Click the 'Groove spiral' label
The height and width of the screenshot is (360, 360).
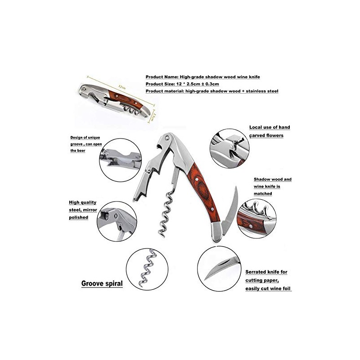coord(102,284)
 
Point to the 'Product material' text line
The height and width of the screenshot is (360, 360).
coord(211,91)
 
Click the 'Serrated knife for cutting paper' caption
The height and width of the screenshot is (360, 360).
coord(269,280)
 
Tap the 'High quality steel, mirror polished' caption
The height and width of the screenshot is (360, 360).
coord(85,210)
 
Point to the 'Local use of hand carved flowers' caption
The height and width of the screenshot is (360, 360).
coord(270,131)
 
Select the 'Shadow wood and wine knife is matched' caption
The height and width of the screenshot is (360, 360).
coord(272,186)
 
